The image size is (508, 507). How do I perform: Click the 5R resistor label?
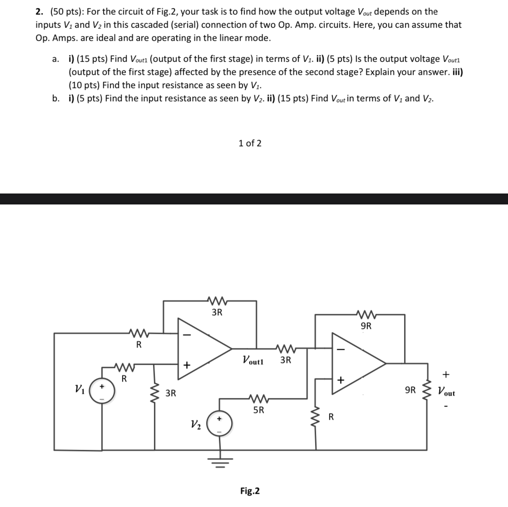[x=258, y=410]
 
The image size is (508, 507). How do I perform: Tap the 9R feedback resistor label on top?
[x=365, y=326]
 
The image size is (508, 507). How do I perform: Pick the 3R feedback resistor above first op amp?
[x=217, y=300]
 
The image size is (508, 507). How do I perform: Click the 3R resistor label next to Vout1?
[x=286, y=361]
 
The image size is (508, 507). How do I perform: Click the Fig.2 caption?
[x=250, y=491]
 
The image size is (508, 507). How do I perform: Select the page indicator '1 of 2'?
[x=250, y=144]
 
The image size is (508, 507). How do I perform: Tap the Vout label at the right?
[x=446, y=391]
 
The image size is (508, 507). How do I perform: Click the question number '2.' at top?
[x=39, y=12]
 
